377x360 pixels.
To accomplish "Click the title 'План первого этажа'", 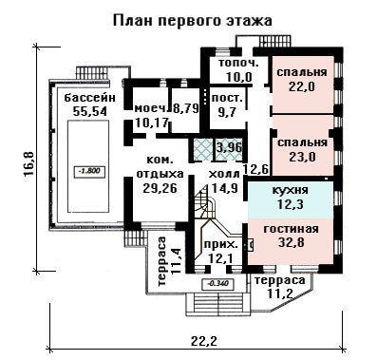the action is tap(192, 21).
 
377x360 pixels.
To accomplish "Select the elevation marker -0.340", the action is tap(218, 283).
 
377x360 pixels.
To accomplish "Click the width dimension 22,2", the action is tap(204, 341).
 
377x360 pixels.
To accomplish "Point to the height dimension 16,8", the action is tap(28, 163).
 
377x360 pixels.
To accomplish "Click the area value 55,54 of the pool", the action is tap(90, 111).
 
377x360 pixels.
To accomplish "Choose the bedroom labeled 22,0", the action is tap(302, 86).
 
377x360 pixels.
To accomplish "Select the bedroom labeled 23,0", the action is tap(302, 157).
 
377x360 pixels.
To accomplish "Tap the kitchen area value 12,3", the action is tap(291, 204).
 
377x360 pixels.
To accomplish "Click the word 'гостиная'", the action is tap(292, 229).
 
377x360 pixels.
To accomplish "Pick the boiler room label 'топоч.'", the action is tap(239, 63).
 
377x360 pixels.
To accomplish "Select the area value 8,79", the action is tap(186, 108).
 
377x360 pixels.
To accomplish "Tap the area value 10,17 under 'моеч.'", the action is tap(151, 123).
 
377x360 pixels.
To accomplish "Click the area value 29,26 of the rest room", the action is tap(160, 188).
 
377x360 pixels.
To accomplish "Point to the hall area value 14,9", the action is tap(225, 188).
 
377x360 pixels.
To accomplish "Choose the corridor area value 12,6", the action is tap(256, 170).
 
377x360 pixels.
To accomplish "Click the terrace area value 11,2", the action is tap(280, 294).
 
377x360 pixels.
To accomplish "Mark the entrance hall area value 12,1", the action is tap(220, 259).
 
